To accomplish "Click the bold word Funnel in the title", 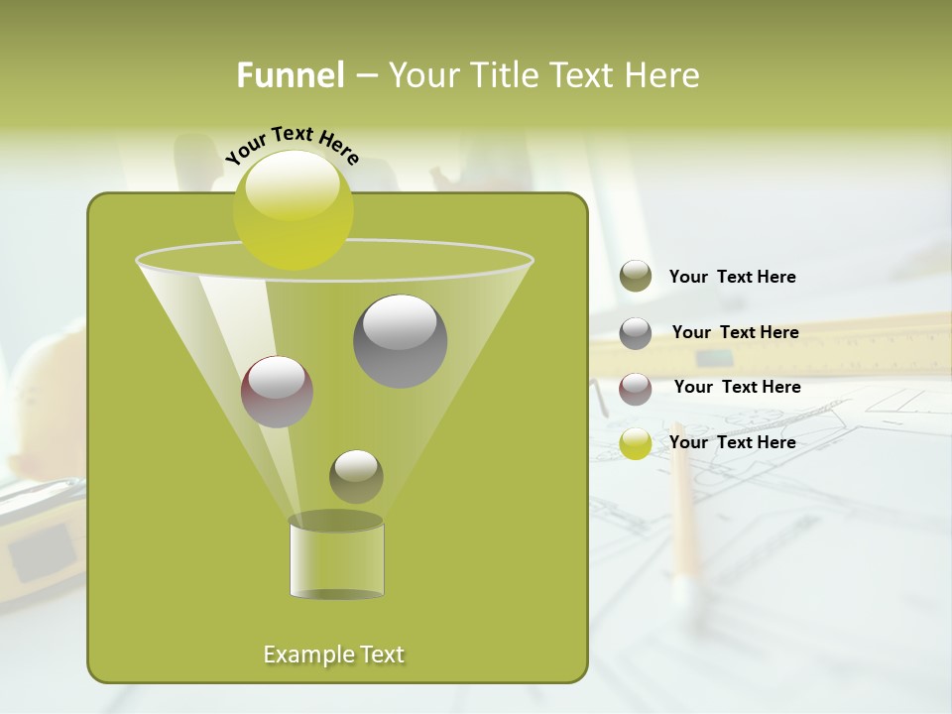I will click(x=291, y=75).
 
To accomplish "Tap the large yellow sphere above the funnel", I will click(x=294, y=210).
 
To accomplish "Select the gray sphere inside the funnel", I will click(x=401, y=341).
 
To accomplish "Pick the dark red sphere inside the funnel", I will click(x=278, y=392).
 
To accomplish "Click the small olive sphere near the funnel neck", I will click(x=356, y=477).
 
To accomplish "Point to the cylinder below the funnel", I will click(x=336, y=560).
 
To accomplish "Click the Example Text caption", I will click(x=334, y=654).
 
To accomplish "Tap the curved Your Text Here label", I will click(x=292, y=144).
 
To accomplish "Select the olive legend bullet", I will click(x=636, y=277).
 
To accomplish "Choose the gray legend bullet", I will click(x=636, y=333).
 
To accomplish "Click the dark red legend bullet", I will click(x=636, y=389).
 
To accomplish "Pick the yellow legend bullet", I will click(x=636, y=443).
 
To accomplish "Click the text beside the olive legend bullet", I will click(x=732, y=277).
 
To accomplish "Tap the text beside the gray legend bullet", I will click(x=735, y=332).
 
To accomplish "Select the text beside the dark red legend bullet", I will click(x=737, y=387).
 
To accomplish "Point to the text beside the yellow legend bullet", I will click(x=732, y=442).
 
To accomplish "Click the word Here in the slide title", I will click(x=663, y=75).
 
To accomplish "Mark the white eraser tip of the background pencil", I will click(x=683, y=591).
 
